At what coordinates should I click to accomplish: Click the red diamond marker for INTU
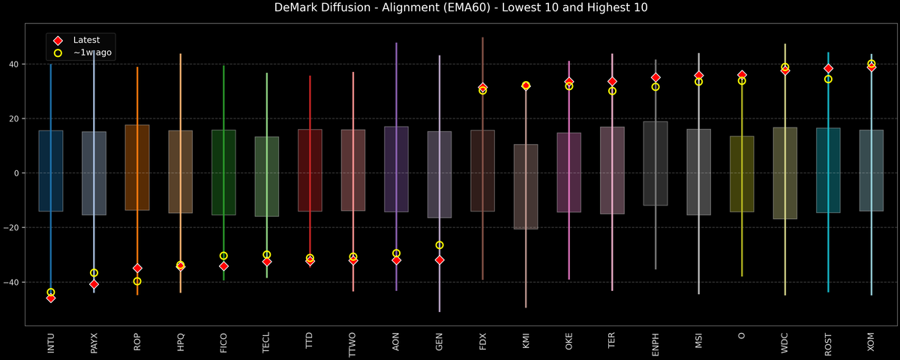click(x=50, y=298)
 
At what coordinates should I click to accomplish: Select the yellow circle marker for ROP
click(x=137, y=281)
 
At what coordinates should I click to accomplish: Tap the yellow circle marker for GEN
click(x=439, y=245)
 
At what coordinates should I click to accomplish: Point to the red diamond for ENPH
click(x=655, y=77)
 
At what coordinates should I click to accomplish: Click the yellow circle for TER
click(x=612, y=91)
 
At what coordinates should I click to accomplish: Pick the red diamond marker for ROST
click(x=828, y=68)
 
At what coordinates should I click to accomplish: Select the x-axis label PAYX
click(x=94, y=343)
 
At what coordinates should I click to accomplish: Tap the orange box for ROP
click(x=137, y=167)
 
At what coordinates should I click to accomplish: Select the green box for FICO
click(x=223, y=172)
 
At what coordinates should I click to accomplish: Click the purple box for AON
click(x=396, y=169)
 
